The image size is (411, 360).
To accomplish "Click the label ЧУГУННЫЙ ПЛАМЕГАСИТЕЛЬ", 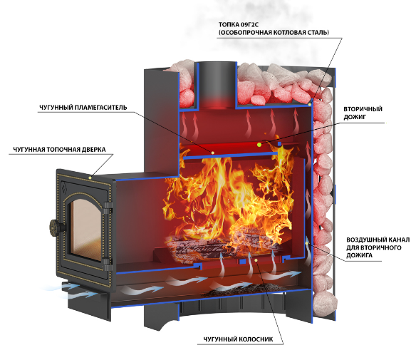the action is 83,108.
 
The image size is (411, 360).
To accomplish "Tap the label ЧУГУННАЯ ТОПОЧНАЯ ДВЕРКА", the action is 60,150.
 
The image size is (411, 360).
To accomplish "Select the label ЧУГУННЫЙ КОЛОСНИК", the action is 238,339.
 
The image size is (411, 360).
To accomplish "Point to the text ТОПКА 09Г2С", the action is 239,25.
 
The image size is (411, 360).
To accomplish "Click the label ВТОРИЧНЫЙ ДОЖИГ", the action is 363,113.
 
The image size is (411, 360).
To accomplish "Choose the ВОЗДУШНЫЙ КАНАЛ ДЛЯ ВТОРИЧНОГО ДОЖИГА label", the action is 378,247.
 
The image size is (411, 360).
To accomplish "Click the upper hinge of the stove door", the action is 108,208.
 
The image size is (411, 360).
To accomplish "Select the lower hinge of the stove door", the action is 108,264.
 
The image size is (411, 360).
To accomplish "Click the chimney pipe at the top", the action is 217,85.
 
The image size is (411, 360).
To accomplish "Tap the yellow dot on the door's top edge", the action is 90,178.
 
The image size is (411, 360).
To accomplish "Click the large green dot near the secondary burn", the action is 259,144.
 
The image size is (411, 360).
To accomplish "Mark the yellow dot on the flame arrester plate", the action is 213,153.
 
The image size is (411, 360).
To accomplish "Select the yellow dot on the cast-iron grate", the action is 256,260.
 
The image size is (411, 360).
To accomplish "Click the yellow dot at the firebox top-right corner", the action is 310,104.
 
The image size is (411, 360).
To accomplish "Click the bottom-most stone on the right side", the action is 324,302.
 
